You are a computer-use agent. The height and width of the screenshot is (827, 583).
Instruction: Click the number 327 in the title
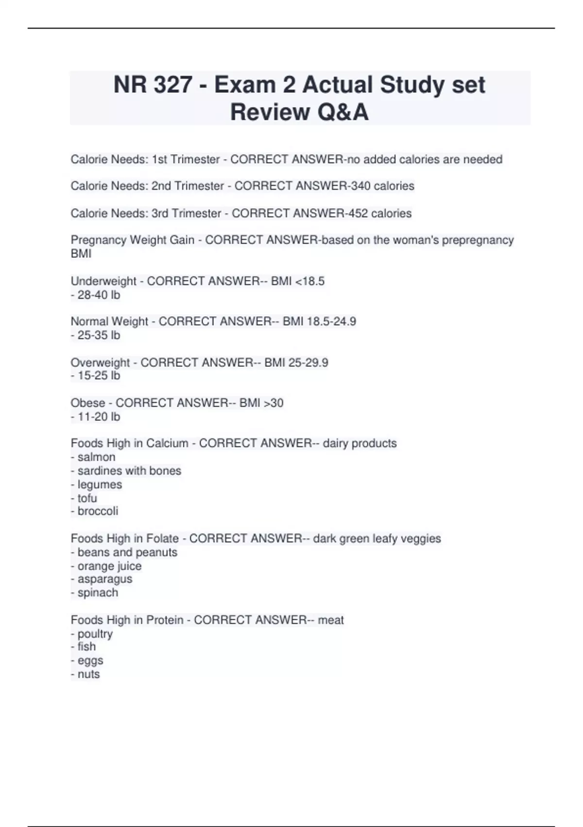pyautogui.click(x=172, y=85)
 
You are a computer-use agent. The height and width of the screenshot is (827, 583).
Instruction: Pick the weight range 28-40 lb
pyautogui.click(x=99, y=295)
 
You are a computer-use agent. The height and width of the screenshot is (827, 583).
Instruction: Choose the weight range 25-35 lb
pyautogui.click(x=99, y=336)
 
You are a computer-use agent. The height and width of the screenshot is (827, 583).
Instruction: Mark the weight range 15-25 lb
pyautogui.click(x=99, y=376)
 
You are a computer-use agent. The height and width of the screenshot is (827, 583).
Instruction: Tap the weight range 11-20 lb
pyautogui.click(x=99, y=417)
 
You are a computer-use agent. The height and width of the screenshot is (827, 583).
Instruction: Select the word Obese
pyautogui.click(x=88, y=403)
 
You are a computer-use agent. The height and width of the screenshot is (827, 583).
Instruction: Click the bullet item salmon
pyautogui.click(x=96, y=457)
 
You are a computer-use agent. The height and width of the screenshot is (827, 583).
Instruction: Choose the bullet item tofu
pyautogui.click(x=87, y=499)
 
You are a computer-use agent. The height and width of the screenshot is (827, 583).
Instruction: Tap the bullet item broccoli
pyautogui.click(x=98, y=511)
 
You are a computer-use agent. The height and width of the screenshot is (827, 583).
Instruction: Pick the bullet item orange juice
pyautogui.click(x=109, y=566)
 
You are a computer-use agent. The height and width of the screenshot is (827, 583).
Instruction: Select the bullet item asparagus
pyautogui.click(x=104, y=579)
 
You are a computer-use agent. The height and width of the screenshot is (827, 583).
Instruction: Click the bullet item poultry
pyautogui.click(x=95, y=634)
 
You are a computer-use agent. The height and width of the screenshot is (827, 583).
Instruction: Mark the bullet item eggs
pyautogui.click(x=90, y=661)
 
